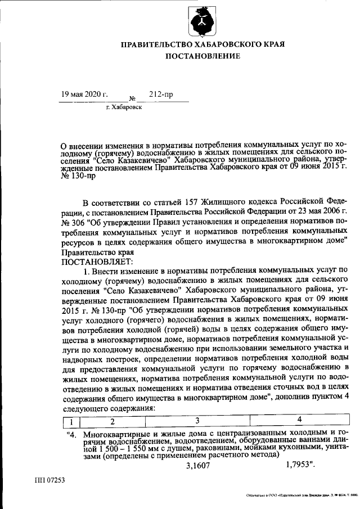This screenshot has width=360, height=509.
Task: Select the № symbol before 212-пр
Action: pyautogui.click(x=133, y=97)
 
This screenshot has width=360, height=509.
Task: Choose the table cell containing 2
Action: pyautogui.click(x=112, y=421)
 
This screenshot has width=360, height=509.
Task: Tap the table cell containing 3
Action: pyautogui.click(x=197, y=421)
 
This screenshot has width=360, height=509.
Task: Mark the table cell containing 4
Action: pyautogui.click(x=299, y=421)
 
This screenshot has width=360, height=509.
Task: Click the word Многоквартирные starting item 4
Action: pyautogui.click(x=119, y=434)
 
